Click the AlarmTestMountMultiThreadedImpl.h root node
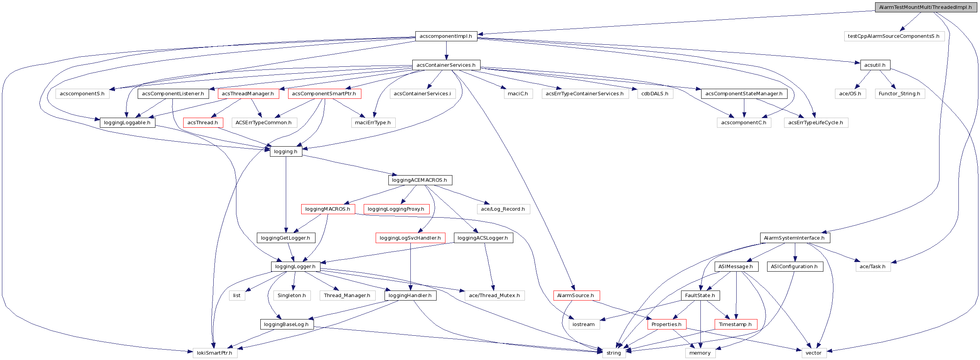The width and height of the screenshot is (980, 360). tap(925, 7)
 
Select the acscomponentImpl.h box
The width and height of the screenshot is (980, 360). tap(446, 36)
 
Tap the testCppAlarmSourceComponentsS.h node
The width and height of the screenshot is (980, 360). tap(894, 36)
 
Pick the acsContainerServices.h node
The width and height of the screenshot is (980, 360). tap(446, 65)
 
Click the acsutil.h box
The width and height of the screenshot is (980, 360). tap(875, 65)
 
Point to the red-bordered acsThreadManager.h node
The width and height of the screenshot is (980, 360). tap(248, 94)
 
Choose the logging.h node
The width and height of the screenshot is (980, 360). tap(286, 152)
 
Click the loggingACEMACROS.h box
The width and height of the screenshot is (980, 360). tap(420, 180)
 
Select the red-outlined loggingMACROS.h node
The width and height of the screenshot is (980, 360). tap(328, 209)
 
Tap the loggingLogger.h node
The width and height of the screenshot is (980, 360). tap(295, 267)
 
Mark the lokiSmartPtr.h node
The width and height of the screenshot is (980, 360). tap(215, 353)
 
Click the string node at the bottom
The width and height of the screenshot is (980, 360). tap(614, 353)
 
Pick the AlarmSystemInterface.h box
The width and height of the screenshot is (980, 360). tap(794, 238)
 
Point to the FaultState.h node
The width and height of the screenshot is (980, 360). tap(700, 296)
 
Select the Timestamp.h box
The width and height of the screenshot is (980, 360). tap(735, 325)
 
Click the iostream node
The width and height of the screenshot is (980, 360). tap(584, 325)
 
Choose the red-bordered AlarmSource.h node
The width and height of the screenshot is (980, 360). tap(576, 296)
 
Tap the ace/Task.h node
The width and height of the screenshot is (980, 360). tap(873, 267)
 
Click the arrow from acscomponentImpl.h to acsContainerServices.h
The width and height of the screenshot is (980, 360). tap(446, 51)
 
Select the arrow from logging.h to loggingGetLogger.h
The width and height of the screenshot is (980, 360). tap(286, 193)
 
